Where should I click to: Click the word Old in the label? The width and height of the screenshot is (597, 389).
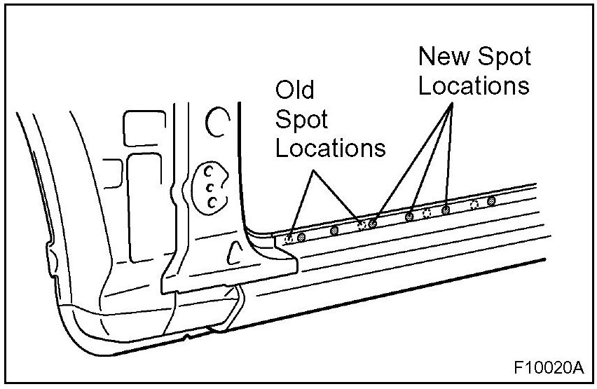click(x=294, y=90)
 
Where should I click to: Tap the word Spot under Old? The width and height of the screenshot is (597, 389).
click(x=301, y=120)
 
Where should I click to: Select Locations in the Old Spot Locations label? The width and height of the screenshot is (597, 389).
click(x=330, y=149)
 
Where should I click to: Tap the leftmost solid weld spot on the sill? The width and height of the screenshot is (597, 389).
click(x=301, y=238)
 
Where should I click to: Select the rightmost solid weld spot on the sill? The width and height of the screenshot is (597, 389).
click(x=491, y=201)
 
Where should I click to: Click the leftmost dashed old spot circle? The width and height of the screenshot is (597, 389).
click(x=289, y=239)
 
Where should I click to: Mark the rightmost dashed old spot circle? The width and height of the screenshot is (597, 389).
click(x=474, y=205)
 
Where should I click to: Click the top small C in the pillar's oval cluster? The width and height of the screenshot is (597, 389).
click(x=207, y=171)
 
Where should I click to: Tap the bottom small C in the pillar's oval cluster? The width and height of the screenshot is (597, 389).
click(x=212, y=203)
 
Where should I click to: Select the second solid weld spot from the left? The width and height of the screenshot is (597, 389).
click(x=334, y=229)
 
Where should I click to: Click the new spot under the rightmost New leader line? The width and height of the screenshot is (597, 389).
click(x=445, y=210)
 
